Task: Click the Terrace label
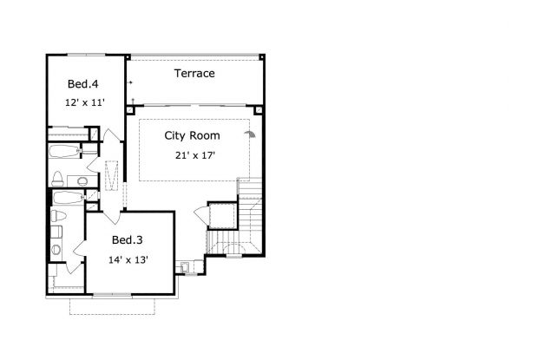[x=194, y=74]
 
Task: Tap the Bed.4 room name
[x=82, y=84]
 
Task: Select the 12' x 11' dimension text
[x=85, y=102]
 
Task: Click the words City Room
[x=192, y=136]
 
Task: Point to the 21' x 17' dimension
[x=195, y=155]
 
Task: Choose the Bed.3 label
[x=127, y=240]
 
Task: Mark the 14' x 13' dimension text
[x=128, y=260]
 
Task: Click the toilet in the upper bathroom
[x=57, y=179]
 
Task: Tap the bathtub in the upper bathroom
[x=64, y=151]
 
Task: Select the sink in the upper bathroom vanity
[x=82, y=181]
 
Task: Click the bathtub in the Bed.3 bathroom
[x=68, y=198]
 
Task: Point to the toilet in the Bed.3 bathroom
[x=58, y=216]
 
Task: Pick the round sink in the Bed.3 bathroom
[x=56, y=249]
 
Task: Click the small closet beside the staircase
[x=222, y=216]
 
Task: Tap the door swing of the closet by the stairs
[x=201, y=215]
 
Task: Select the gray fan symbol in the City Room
[x=251, y=134]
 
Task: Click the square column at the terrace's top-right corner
[x=262, y=57]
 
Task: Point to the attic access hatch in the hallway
[x=111, y=175]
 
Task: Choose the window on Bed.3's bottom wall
[x=112, y=294]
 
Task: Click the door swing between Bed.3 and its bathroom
[x=79, y=248]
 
